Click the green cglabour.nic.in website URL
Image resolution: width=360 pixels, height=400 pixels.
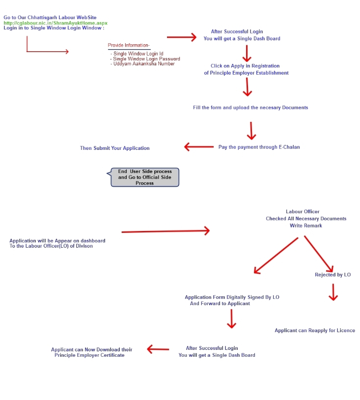(x=55, y=23)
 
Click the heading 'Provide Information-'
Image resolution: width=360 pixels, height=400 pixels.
(x=129, y=46)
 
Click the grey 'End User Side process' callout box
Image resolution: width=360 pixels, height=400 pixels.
(x=144, y=177)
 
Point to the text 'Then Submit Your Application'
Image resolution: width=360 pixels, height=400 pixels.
(x=115, y=148)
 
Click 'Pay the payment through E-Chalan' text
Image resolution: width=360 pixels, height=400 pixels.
(x=259, y=147)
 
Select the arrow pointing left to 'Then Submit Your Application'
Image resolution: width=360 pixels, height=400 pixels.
(x=198, y=146)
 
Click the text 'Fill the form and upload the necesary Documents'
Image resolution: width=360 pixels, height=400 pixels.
(x=250, y=108)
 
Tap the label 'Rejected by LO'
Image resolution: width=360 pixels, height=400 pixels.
(x=333, y=275)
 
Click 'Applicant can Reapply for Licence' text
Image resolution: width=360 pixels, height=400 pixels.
(x=315, y=331)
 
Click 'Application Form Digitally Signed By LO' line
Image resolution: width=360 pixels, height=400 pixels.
(x=232, y=297)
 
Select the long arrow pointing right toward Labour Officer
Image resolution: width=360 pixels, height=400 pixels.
(x=166, y=231)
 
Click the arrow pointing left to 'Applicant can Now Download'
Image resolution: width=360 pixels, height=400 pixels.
(x=158, y=349)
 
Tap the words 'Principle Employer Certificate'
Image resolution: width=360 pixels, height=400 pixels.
(x=89, y=355)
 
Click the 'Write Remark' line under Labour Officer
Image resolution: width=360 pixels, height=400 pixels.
(x=306, y=226)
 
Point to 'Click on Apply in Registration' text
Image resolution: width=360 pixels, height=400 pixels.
(x=245, y=66)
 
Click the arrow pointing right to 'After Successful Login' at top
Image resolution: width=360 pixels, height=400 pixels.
(x=181, y=37)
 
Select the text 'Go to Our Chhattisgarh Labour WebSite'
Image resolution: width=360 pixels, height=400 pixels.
(x=50, y=18)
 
